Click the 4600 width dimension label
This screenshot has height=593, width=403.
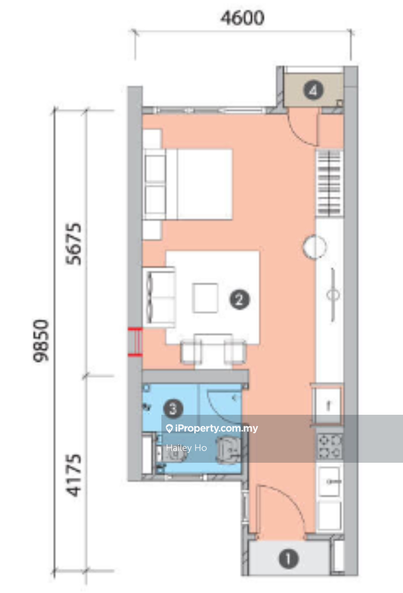[242, 18]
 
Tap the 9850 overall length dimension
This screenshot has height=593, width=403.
[41, 341]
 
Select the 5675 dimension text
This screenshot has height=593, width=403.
[73, 244]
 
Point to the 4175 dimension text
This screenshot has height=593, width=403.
[73, 475]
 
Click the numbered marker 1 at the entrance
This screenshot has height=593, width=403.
[289, 559]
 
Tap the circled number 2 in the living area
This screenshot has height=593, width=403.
[239, 300]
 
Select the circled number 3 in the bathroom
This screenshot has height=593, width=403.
[174, 409]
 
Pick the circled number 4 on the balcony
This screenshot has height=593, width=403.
[313, 90]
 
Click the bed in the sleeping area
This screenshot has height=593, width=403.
[187, 185]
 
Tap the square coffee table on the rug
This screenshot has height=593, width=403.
[205, 298]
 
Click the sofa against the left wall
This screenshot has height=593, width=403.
[158, 297]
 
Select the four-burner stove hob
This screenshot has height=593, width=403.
[330, 447]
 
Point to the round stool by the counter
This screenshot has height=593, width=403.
[314, 247]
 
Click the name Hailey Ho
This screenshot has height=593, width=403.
[186, 448]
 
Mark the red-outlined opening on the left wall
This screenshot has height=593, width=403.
[135, 342]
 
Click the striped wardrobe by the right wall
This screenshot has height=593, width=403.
[330, 183]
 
